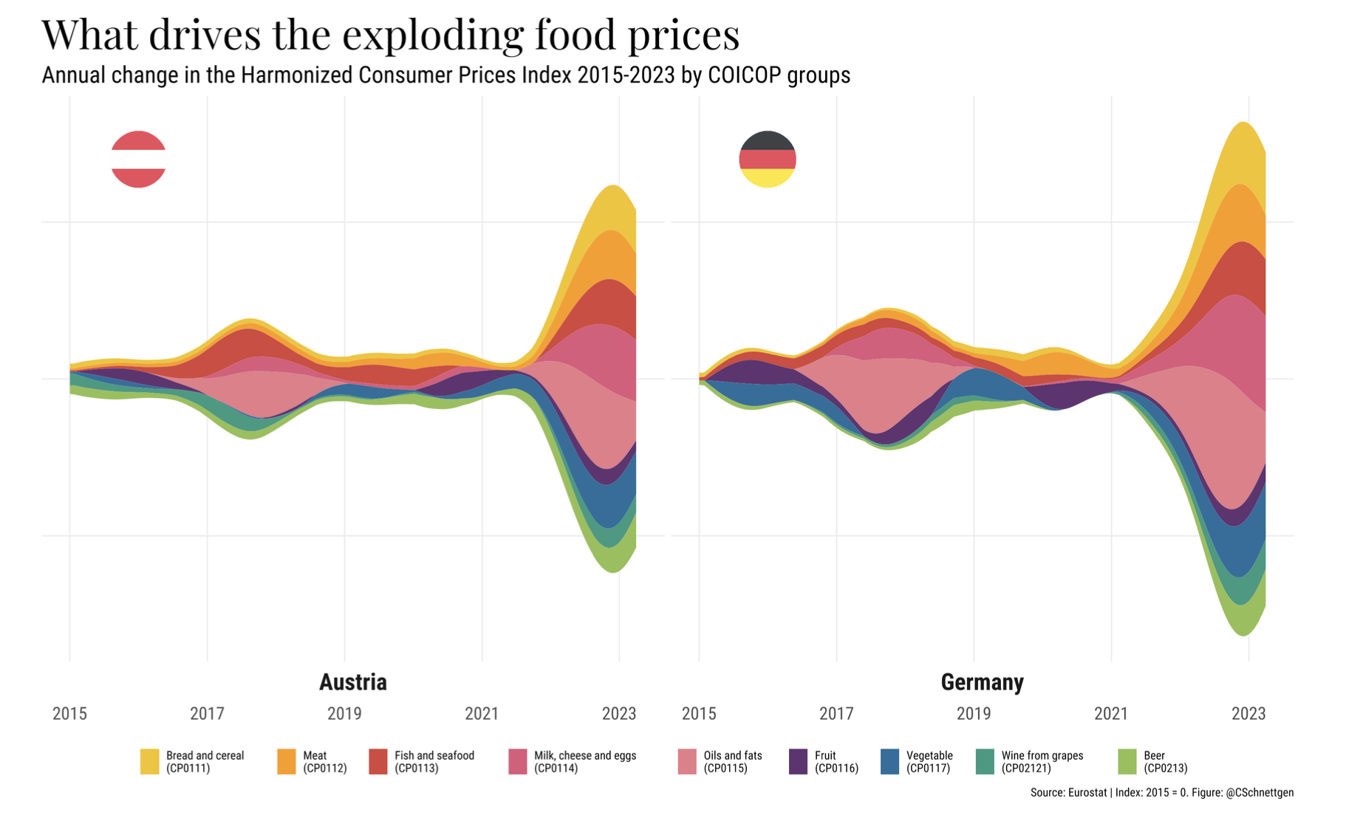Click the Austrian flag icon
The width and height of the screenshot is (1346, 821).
pos(138,159)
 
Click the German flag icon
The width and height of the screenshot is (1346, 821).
pos(767,159)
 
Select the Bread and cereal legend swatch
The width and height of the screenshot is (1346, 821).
pos(149,761)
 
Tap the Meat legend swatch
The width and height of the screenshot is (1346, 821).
pos(286,761)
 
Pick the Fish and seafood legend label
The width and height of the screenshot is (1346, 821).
pos(434,761)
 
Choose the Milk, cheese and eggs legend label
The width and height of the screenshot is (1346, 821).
pos(584,761)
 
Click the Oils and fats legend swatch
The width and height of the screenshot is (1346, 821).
pos(687,761)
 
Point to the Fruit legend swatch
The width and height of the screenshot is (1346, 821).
pos(798,761)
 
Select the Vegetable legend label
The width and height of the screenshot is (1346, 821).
pos(929,761)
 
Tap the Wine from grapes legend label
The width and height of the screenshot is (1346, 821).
pos(1042,761)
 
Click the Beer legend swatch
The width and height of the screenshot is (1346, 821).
pos(1127,761)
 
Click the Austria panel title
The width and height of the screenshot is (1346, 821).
pos(352,682)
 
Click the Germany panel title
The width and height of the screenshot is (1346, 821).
pos(982,682)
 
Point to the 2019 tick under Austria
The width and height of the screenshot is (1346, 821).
pos(344,714)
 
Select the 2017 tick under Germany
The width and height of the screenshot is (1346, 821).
pos(836,714)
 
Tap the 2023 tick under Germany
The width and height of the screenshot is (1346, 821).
pos(1248,714)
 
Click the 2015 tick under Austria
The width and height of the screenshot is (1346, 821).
pos(69,714)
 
